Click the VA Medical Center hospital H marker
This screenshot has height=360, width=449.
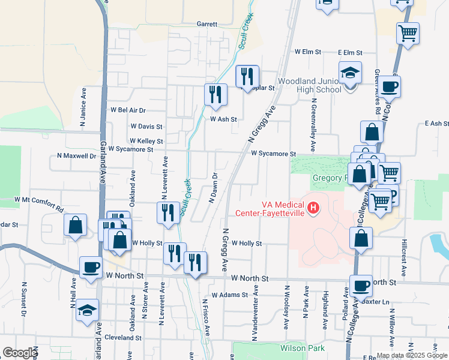coord(313,209)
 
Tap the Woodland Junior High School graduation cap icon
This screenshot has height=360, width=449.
coord(350,73)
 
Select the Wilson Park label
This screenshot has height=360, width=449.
coord(302,348)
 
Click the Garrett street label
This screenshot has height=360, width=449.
coord(206,25)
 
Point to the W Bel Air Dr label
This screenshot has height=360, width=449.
coord(128,110)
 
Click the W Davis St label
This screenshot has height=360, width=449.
coord(146,127)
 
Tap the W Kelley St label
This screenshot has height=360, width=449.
coord(146,141)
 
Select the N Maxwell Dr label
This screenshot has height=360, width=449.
coord(76,156)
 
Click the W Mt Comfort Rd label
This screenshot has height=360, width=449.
coord(39,205)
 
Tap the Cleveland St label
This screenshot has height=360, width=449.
coord(122,338)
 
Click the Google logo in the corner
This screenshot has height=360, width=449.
coord(20,353)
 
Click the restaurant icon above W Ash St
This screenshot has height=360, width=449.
coord(215,94)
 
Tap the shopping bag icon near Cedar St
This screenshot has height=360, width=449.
coord(76,225)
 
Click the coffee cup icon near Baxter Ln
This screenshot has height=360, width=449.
coord(362,286)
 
